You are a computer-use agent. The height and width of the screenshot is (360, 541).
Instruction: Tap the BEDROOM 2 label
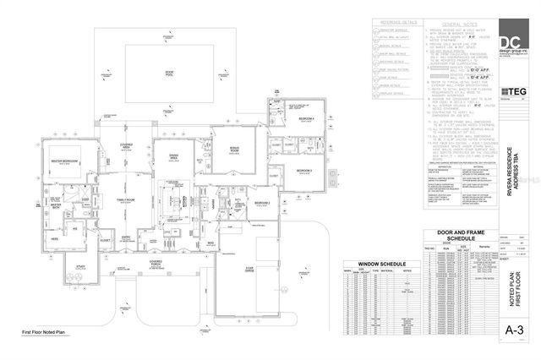pos(263,203)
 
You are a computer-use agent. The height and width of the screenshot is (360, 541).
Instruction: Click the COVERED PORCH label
pos(156,263)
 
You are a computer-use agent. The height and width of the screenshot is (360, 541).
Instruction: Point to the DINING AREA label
pos(174,155)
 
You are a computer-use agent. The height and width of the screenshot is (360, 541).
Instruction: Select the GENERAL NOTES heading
pos(456,26)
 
